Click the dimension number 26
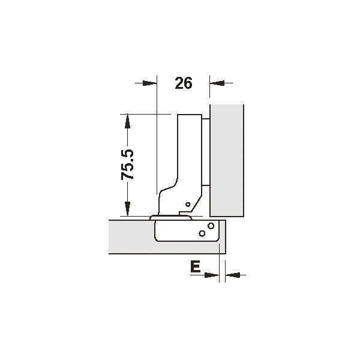pyautogui.click(x=184, y=83)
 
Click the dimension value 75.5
pyautogui.click(x=127, y=164)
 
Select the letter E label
pyautogui.click(x=196, y=266)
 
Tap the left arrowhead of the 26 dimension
pyautogui.click(x=149, y=83)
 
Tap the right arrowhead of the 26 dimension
pyautogui.click(x=217, y=83)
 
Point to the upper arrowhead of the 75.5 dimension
pyautogui.click(x=127, y=122)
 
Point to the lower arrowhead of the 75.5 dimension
pyautogui.click(x=127, y=209)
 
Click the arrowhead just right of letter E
pyautogui.click(x=212, y=275)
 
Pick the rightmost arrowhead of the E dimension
pyautogui.click(x=233, y=275)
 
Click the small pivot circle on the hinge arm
pyautogui.click(x=188, y=204)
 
